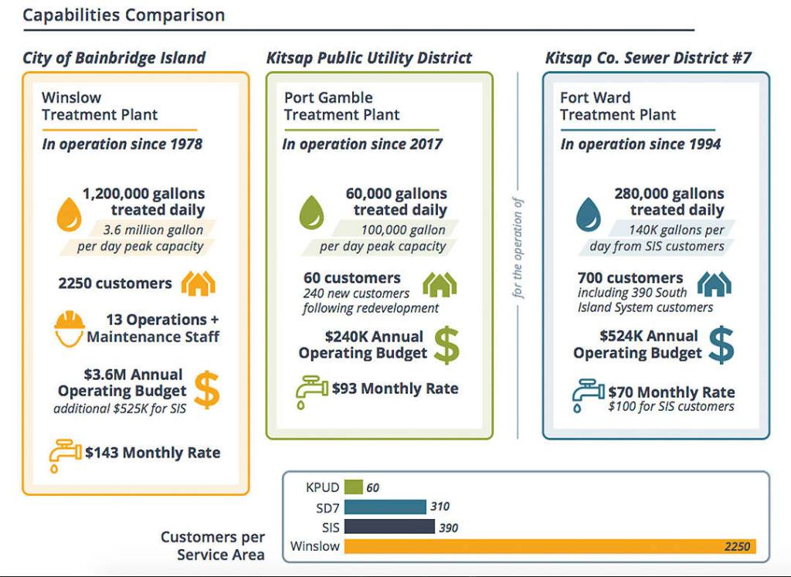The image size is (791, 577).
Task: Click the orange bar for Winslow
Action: [x=549, y=546]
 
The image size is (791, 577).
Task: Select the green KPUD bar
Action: [x=354, y=487]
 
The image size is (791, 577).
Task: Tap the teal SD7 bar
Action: [x=385, y=507]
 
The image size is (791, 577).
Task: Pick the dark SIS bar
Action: [x=389, y=527]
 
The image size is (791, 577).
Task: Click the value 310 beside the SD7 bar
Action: [x=440, y=507]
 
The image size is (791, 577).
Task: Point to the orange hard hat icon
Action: [x=69, y=328]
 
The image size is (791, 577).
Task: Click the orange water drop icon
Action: [x=69, y=214]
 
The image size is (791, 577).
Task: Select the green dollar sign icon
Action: [x=446, y=345]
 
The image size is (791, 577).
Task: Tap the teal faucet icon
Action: [x=588, y=395]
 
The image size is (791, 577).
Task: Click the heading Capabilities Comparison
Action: [x=124, y=15]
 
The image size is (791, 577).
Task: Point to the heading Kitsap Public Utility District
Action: [x=368, y=58]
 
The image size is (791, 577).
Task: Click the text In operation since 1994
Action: [x=640, y=144]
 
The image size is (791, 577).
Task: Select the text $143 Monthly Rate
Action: [x=152, y=453]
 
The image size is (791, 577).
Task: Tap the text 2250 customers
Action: [x=115, y=283]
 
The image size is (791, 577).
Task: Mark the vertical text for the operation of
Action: [x=518, y=248]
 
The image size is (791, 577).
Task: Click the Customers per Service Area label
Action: [x=212, y=545]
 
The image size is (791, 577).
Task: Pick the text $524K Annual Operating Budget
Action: [x=637, y=345]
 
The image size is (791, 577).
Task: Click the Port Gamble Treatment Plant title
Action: [x=341, y=107]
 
